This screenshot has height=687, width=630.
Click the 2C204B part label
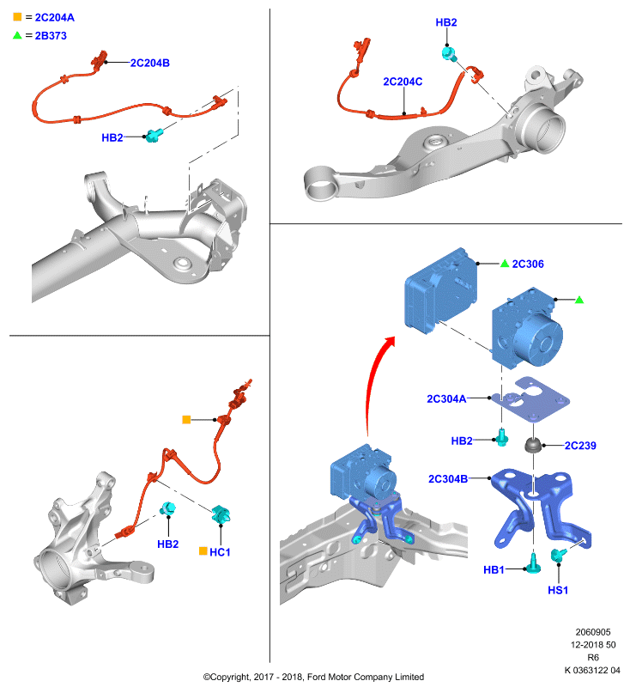pyautogui.click(x=149, y=63)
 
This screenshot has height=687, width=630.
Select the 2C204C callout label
pyautogui.click(x=403, y=82)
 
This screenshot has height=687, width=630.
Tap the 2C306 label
pyautogui.click(x=528, y=264)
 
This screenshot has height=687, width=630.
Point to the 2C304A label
pyautogui.click(x=446, y=398)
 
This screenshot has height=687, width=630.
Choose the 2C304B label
pyautogui.click(x=448, y=479)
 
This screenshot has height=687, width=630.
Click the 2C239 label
pyautogui.click(x=580, y=446)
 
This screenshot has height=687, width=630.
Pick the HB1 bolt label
pyautogui.click(x=494, y=569)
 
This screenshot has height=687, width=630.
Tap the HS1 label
pyautogui.click(x=558, y=590)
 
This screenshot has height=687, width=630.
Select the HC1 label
pyautogui.click(x=220, y=552)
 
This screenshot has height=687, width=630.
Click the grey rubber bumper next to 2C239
pyautogui.click(x=533, y=446)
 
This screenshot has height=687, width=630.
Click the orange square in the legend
pyautogui.click(x=17, y=16)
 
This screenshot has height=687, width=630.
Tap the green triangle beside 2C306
pyautogui.click(x=505, y=264)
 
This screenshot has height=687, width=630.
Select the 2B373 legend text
pyautogui.click(x=51, y=36)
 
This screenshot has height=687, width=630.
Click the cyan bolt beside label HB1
pyautogui.click(x=533, y=563)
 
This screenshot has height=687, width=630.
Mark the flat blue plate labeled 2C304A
pyautogui.click(x=530, y=400)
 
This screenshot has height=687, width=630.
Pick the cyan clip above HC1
pyautogui.click(x=221, y=514)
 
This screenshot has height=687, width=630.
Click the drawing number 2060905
pyautogui.click(x=593, y=632)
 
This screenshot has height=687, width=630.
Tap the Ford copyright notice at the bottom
pyautogui.click(x=313, y=677)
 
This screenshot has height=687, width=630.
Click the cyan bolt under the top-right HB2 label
pyautogui.click(x=449, y=55)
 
